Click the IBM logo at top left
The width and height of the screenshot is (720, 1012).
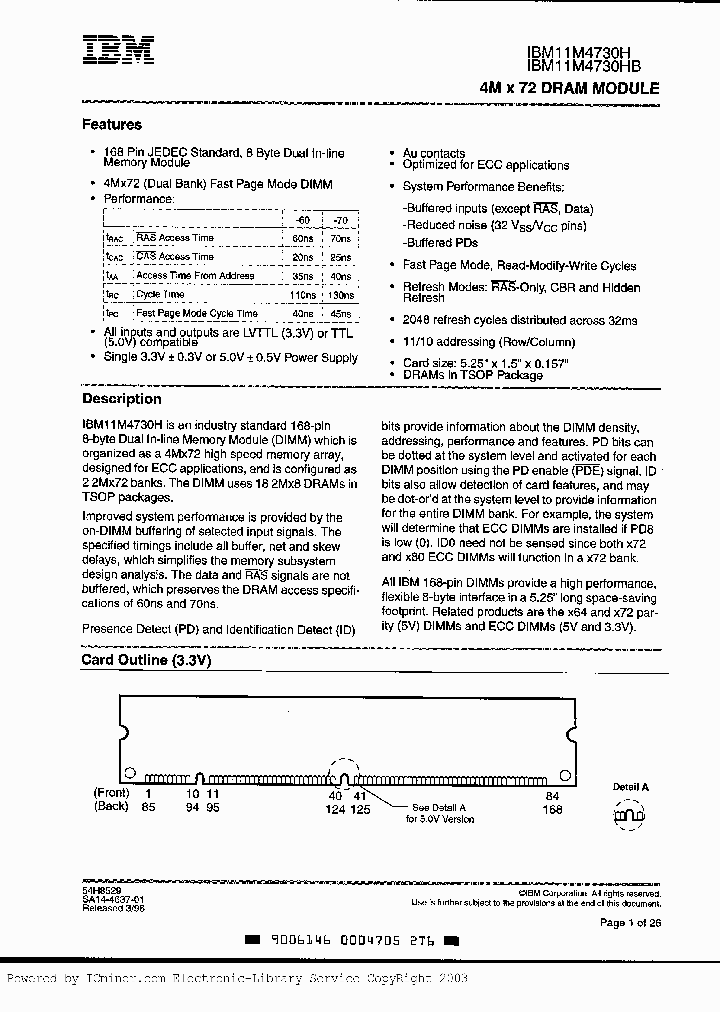click(x=118, y=51)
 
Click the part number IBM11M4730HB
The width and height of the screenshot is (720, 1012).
click(x=584, y=66)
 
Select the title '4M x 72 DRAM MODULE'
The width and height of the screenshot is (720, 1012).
click(x=569, y=88)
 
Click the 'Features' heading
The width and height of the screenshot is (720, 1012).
click(x=111, y=125)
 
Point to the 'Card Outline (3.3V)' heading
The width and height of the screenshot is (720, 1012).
click(x=146, y=661)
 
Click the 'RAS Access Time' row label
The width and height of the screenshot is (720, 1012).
click(x=175, y=238)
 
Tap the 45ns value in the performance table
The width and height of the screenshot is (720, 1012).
click(x=340, y=314)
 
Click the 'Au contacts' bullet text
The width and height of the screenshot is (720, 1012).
click(x=434, y=152)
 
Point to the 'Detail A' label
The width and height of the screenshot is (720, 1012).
click(x=631, y=787)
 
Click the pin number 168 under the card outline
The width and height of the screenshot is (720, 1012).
click(x=552, y=808)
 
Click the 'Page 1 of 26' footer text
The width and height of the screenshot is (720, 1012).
click(x=629, y=922)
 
